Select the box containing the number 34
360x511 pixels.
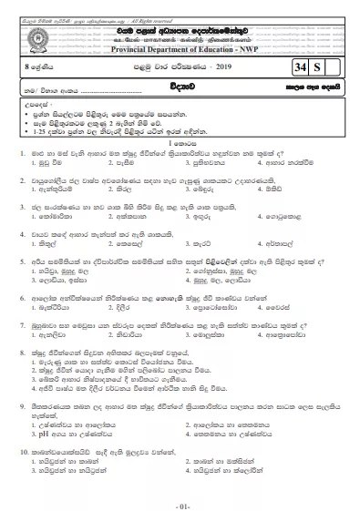click(x=300, y=65)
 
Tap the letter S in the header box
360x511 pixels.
click(x=318, y=65)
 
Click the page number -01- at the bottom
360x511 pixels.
click(x=180, y=499)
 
